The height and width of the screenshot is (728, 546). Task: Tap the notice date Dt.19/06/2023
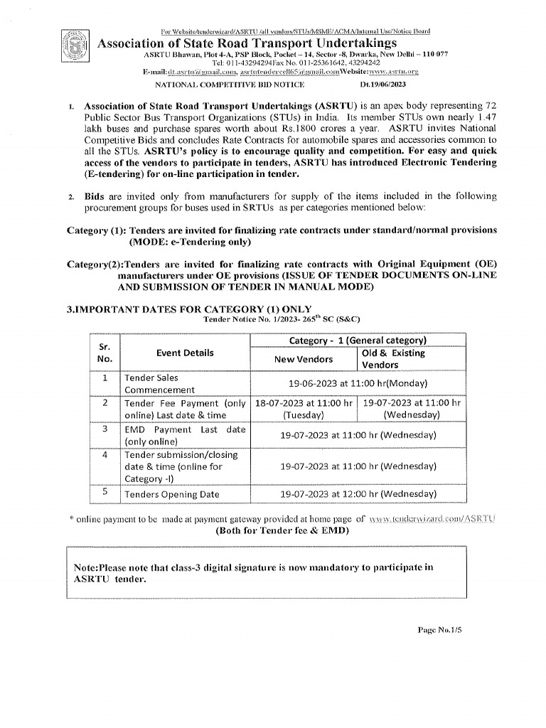[x=384, y=85]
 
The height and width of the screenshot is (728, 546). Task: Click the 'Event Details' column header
[x=184, y=353]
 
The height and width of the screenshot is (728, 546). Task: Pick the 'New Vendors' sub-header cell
[x=303, y=359]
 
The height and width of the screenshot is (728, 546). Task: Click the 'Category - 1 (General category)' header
[x=358, y=341]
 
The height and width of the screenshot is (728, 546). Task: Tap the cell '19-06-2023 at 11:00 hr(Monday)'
[x=358, y=382]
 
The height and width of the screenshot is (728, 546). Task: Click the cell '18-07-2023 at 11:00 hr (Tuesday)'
[x=303, y=408]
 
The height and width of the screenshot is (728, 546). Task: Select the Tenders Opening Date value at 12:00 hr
[x=358, y=493]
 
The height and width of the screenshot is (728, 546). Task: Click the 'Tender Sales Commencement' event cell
[x=159, y=384]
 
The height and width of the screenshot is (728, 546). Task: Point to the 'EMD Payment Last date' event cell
[x=184, y=435]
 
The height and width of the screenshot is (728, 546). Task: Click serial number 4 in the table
[x=105, y=454]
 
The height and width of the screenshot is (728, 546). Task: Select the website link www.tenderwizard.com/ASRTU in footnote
[x=432, y=520]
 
